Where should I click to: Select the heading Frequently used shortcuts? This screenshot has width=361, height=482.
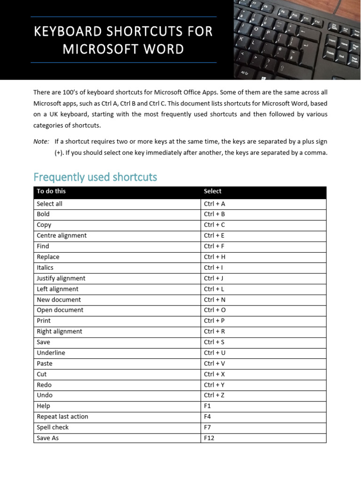tap(95, 177)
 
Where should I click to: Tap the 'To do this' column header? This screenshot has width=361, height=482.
tap(51, 191)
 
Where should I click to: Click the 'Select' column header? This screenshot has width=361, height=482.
tap(212, 191)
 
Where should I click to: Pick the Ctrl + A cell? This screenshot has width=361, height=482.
tap(214, 204)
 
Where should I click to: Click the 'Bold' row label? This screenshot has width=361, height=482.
tap(43, 214)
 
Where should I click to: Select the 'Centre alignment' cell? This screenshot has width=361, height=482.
tap(62, 235)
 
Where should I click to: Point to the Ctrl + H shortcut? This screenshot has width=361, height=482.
tap(214, 257)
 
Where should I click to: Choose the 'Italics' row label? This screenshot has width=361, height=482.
tap(45, 267)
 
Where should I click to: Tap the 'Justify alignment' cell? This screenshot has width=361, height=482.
tap(61, 278)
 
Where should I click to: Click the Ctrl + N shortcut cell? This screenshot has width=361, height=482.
tap(215, 299)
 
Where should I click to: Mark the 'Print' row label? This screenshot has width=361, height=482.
tap(44, 321)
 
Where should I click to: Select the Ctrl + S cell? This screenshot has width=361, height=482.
tap(214, 342)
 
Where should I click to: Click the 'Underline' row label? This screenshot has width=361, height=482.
tap(51, 353)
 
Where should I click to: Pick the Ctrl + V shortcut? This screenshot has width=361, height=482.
tap(214, 363)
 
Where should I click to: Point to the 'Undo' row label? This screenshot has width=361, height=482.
tap(45, 395)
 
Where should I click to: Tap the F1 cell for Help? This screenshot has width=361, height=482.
tap(208, 406)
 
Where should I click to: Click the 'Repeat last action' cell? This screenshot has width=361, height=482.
tap(63, 417)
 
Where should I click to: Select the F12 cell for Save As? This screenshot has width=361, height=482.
tap(209, 438)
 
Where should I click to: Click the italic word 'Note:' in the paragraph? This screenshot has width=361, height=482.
tap(41, 141)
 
